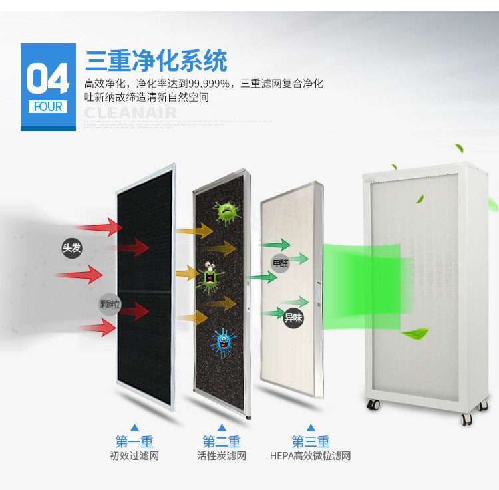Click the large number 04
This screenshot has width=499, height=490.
[x=47, y=79]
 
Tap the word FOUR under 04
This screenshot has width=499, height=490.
[x=47, y=106]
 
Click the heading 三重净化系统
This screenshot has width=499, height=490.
[x=156, y=60]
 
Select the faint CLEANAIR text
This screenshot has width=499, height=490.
[x=130, y=112]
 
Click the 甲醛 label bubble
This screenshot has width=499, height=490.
[x=281, y=263]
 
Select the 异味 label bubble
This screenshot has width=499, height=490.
[x=293, y=318]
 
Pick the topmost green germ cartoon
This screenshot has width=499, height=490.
[x=228, y=212]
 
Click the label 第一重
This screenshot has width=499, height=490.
[x=134, y=441]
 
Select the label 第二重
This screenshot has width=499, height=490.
[x=222, y=441]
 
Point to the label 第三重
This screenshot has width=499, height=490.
[x=310, y=441]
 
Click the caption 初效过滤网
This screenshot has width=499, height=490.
[x=134, y=456]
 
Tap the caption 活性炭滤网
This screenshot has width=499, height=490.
[x=222, y=456]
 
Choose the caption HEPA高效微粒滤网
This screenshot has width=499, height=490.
[x=310, y=456]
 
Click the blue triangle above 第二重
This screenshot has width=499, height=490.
[x=222, y=427]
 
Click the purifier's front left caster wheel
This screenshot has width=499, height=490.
[x=372, y=404]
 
